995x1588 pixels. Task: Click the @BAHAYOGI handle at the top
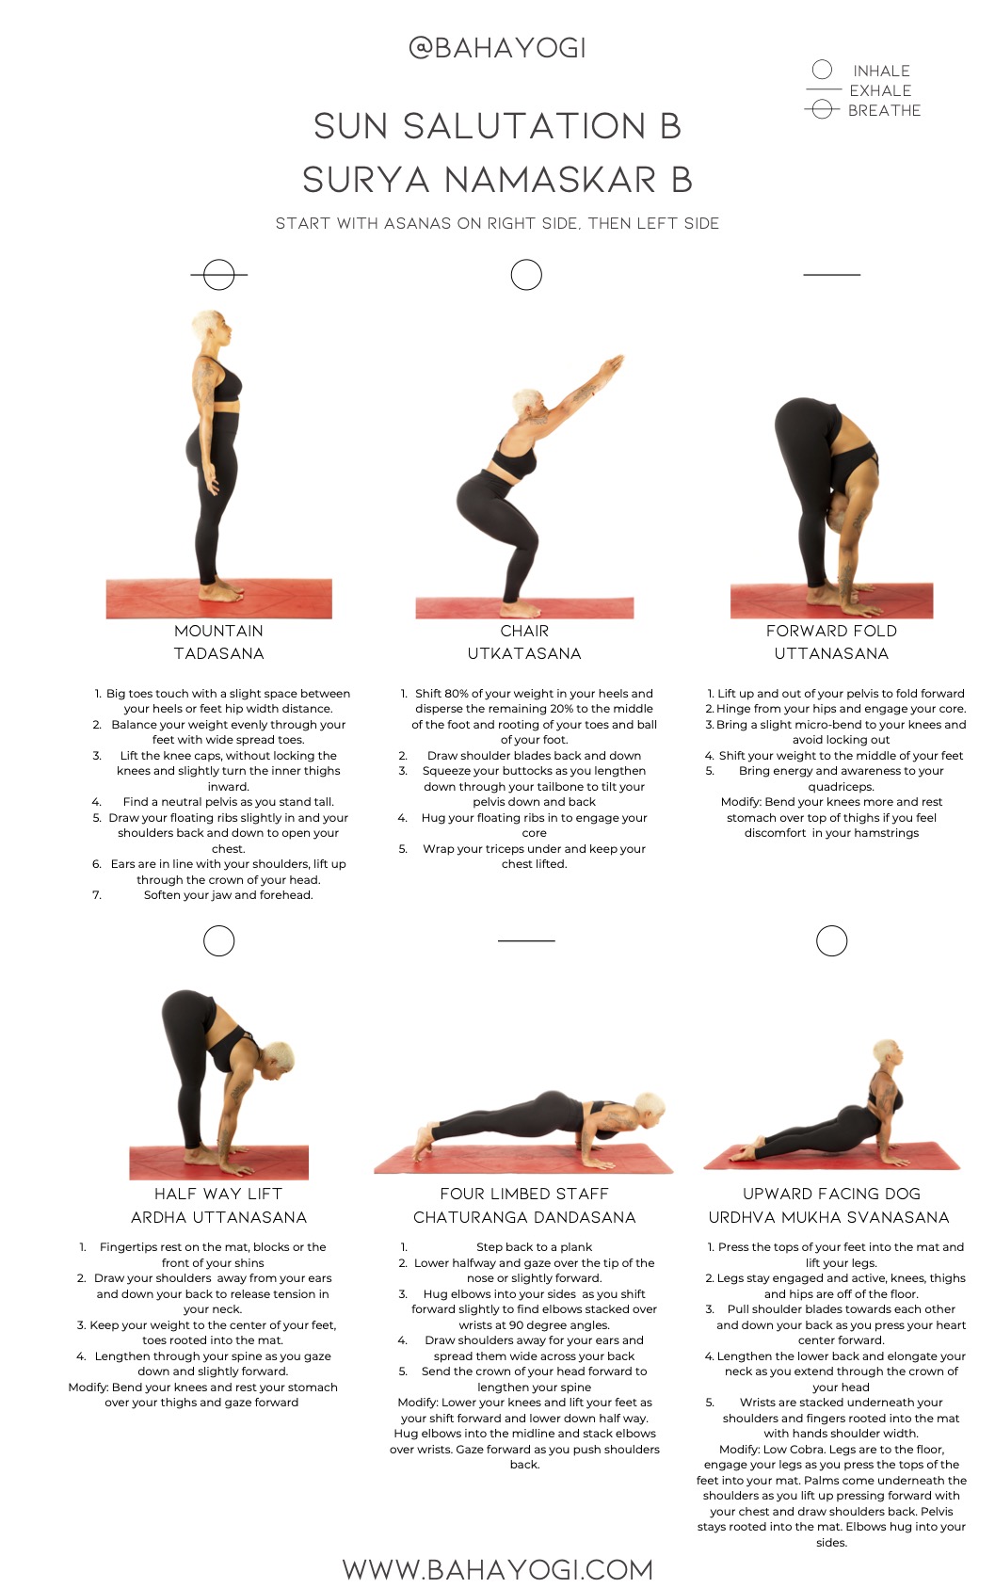(x=497, y=48)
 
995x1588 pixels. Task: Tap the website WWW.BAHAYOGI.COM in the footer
(x=497, y=1569)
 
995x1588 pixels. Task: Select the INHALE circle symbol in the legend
(x=822, y=70)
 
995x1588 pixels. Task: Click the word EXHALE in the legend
(x=880, y=90)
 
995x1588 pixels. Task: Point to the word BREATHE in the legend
(x=884, y=110)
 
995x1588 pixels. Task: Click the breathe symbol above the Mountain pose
(x=218, y=274)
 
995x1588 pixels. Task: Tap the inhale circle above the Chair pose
(x=526, y=274)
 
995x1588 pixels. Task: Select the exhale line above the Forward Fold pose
(x=832, y=274)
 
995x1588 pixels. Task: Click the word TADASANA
(x=219, y=653)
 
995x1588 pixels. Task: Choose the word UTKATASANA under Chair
(x=525, y=653)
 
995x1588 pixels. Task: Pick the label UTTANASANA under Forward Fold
(x=831, y=653)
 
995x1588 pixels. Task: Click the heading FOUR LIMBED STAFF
(x=525, y=1194)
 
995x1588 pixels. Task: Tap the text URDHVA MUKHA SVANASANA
(x=828, y=1217)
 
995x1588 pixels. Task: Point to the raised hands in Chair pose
(x=611, y=364)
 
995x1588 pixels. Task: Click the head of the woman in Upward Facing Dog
(x=887, y=1052)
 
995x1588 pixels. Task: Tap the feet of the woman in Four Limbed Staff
(x=425, y=1138)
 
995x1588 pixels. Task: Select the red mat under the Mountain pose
(x=219, y=599)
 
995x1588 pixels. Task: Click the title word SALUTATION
(x=525, y=126)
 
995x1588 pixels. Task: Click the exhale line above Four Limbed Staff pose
(x=526, y=940)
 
